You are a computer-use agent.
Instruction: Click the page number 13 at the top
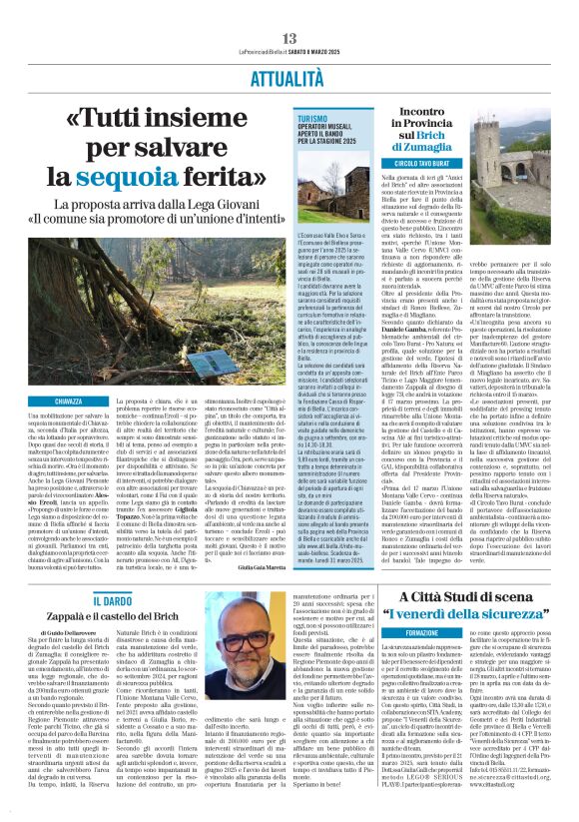(x=289, y=38)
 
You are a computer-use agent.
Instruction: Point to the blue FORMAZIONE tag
(x=394, y=632)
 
